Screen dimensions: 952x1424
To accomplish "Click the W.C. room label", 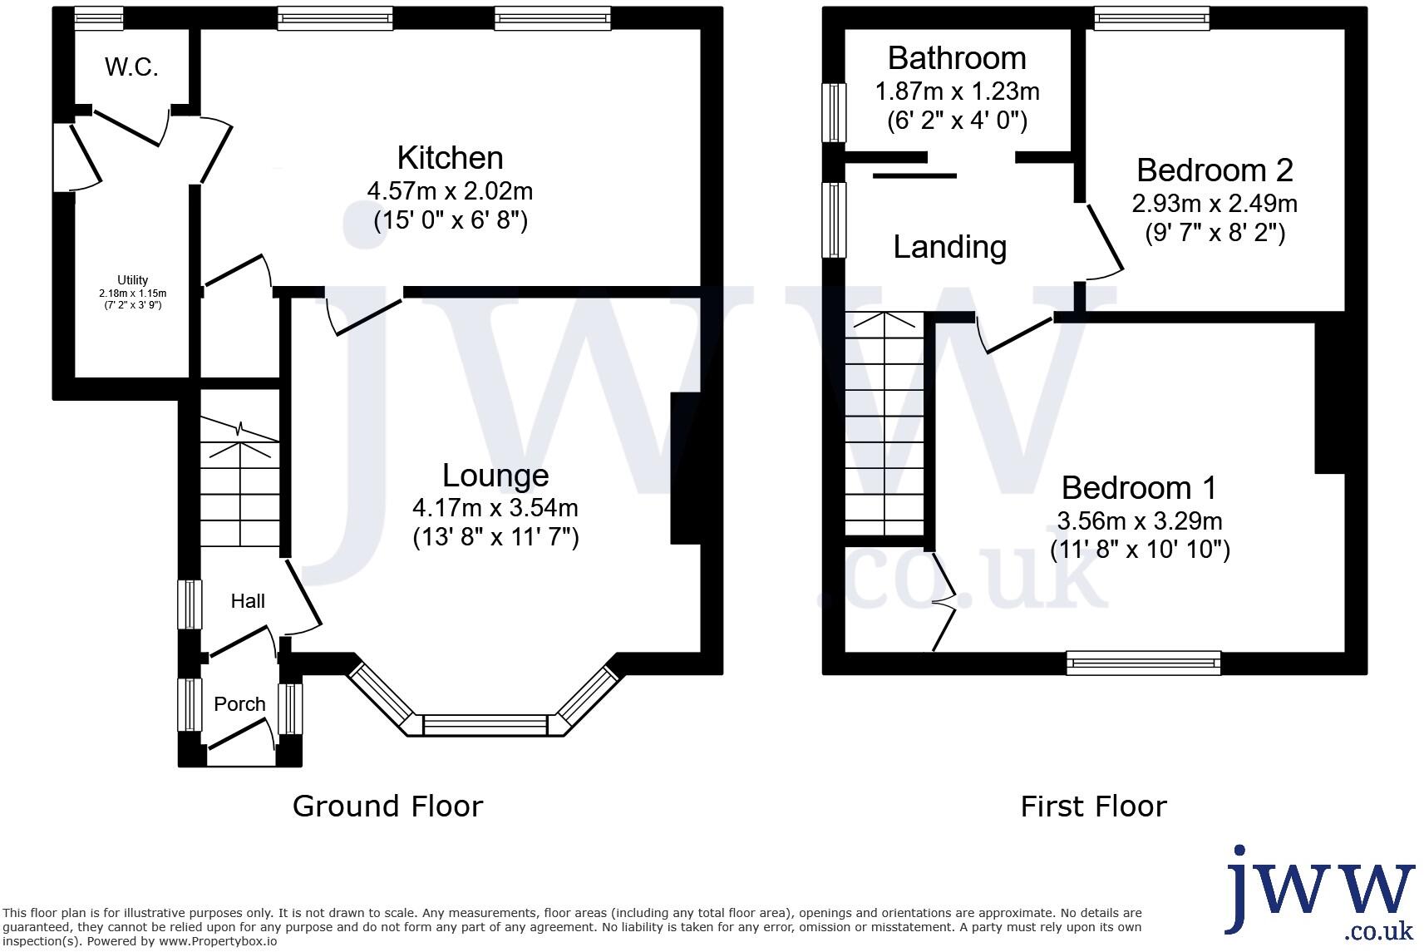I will [x=131, y=67].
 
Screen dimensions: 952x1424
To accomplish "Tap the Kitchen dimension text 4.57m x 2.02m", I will [x=450, y=190].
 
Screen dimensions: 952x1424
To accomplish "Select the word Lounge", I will [x=495, y=476].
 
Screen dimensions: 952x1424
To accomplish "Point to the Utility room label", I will [x=132, y=280].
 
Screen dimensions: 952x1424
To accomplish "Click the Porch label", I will [x=239, y=704].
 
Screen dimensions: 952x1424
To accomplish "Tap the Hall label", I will [x=248, y=601].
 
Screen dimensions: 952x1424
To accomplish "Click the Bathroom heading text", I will [x=957, y=58].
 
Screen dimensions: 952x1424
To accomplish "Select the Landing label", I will [x=949, y=247].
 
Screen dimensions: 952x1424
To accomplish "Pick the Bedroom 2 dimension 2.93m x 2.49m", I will [x=1214, y=203].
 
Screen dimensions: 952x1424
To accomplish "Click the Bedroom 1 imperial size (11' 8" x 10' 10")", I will [x=1140, y=550].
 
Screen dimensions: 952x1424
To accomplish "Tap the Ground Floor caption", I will [x=387, y=806].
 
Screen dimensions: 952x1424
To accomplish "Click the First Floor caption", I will [x=1093, y=806].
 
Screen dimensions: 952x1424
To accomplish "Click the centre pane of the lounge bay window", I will [x=485, y=724].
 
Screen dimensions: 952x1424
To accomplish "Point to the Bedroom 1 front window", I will [x=1144, y=663].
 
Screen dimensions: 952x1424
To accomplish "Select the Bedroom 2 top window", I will [x=1151, y=17].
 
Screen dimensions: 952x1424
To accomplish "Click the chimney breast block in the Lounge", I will [x=685, y=468].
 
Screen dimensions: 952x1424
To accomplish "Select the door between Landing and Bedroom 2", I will [x=1103, y=240].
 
